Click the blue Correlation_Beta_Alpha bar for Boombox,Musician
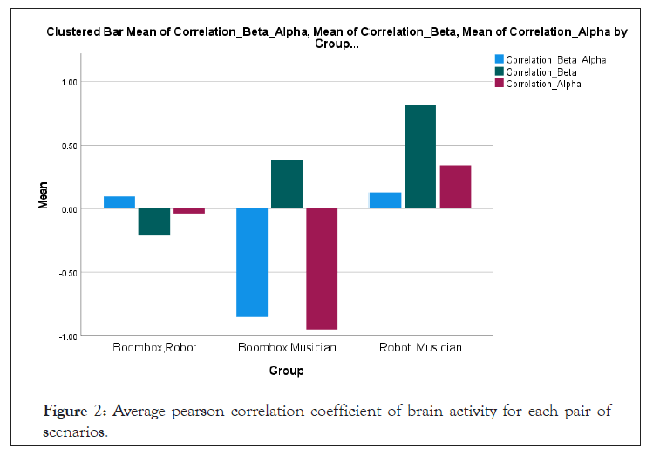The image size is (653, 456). click(253, 262)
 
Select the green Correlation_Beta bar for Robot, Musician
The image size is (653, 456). click(420, 156)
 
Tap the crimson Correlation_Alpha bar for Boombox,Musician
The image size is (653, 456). click(321, 269)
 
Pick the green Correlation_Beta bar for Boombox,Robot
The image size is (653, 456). click(153, 221)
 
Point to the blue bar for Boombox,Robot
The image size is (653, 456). click(119, 202)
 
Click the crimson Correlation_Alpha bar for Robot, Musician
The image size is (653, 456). click(455, 187)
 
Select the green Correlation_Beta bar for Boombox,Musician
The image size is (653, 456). click(287, 184)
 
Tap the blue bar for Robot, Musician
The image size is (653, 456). click(385, 201)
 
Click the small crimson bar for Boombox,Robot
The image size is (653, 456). click(188, 211)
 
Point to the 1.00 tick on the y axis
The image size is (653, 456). click(68, 82)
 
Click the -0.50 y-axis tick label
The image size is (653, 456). click(66, 272)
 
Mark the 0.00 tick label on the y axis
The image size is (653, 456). click(68, 209)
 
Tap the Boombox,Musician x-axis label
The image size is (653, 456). click(287, 348)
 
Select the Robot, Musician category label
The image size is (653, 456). click(420, 348)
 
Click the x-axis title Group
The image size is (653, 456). click(286, 371)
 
